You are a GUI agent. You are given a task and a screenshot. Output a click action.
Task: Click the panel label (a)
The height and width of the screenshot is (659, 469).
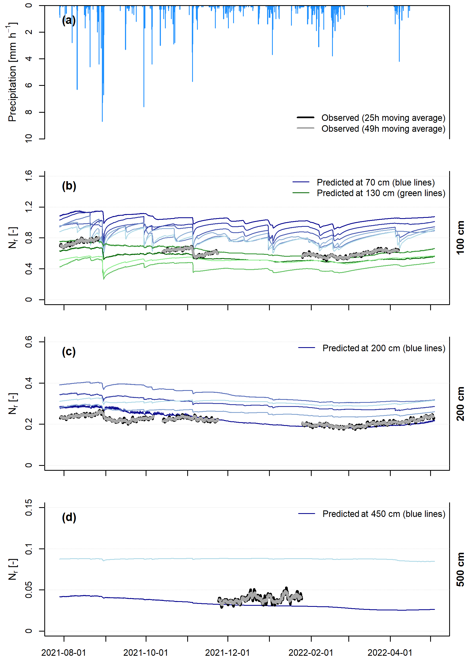[x=69, y=20]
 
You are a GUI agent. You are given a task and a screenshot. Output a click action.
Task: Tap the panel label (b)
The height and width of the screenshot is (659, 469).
[x=69, y=186]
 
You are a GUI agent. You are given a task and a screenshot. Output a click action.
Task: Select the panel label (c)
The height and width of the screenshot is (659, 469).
[x=69, y=352]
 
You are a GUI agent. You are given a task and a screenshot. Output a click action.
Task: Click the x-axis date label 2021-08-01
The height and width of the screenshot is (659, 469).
[x=64, y=652]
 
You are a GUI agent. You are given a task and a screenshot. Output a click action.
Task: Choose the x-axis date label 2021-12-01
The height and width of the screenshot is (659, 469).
[x=227, y=652]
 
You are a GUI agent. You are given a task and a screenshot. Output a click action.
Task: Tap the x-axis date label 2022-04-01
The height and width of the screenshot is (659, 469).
[x=390, y=652]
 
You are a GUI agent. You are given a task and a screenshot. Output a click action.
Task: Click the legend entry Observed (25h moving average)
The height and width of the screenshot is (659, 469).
[x=383, y=118]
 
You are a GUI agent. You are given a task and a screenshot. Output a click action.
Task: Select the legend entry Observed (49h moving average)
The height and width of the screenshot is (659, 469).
[x=383, y=129]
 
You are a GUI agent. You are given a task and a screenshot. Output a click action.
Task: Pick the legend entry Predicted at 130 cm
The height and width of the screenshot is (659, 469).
[x=381, y=193]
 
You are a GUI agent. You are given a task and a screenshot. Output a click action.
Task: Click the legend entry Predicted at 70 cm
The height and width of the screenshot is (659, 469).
[x=376, y=183]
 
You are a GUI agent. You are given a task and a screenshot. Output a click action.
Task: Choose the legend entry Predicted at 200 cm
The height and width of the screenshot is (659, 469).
[x=384, y=348]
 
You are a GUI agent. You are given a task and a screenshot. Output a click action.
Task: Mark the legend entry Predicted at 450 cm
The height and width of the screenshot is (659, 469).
[x=384, y=514]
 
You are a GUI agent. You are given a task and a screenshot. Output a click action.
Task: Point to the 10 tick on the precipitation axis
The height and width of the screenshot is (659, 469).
[x=29, y=138]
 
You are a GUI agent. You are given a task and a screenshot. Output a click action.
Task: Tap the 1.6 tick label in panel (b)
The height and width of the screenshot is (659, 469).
[x=29, y=175]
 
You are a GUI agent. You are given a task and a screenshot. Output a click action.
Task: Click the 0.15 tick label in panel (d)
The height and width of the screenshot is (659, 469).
[x=29, y=507]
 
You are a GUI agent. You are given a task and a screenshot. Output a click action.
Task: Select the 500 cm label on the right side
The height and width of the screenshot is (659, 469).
[x=460, y=569]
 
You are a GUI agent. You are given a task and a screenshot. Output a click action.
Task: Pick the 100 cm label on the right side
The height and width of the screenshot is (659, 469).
[x=460, y=238]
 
